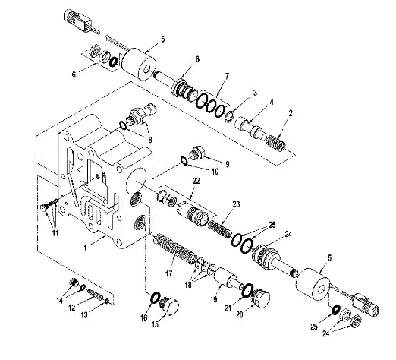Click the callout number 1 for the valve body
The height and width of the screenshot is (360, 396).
coord(86,248)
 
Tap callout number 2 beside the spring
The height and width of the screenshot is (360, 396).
coord(291,113)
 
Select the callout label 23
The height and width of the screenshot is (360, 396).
coord(236,204)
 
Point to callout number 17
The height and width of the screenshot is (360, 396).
coord(169,273)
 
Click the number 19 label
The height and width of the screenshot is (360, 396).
coord(214,300)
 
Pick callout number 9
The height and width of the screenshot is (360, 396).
coord(228,164)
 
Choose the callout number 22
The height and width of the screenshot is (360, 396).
coord(196,181)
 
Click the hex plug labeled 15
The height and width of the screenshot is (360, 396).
coord(169,305)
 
